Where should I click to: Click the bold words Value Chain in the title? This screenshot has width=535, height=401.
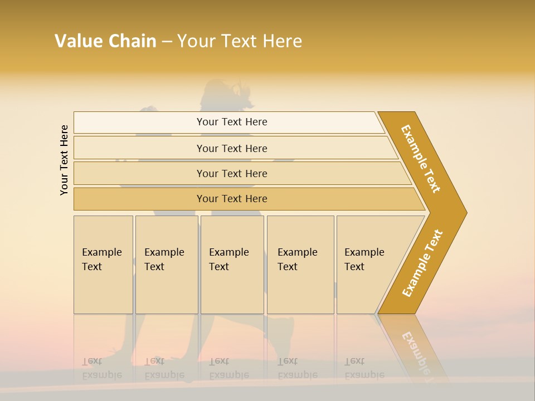tap(105, 41)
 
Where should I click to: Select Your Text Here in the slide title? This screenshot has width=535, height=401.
tap(240, 41)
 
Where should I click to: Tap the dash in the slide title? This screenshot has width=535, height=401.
tap(167, 42)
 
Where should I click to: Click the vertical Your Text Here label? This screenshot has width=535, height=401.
tap(64, 160)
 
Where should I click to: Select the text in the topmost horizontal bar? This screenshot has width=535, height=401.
tap(232, 122)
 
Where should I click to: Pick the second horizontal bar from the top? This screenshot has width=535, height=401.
tap(232, 148)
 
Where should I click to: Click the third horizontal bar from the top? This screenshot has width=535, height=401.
tap(232, 173)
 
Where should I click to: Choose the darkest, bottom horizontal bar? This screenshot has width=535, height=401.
tap(232, 199)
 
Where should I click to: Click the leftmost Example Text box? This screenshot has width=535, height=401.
tap(103, 265)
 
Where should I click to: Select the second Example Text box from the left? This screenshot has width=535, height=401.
tap(166, 265)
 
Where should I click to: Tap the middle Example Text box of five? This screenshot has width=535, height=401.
tap(232, 265)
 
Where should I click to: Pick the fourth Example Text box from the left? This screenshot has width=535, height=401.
tap(300, 265)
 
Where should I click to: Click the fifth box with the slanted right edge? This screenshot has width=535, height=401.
tap(368, 265)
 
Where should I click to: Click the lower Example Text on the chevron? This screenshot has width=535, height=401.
tap(422, 263)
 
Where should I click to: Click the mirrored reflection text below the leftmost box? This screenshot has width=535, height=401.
tap(102, 368)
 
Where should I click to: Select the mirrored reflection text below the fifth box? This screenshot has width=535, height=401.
tap(364, 368)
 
